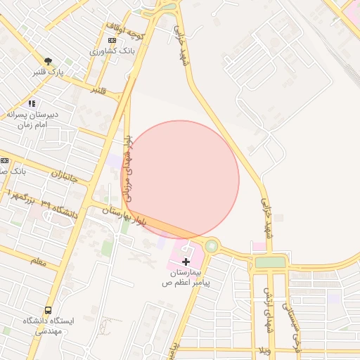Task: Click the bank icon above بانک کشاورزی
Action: tap(112, 41)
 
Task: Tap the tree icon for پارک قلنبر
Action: tap(48, 61)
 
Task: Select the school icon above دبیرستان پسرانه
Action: tap(32, 103)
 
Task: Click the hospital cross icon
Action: tap(186, 261)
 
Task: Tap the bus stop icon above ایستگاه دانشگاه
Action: tap(48, 309)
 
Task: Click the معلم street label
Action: tap(39, 262)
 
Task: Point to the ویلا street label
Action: tap(264, 350)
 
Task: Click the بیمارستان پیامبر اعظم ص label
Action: tap(186, 276)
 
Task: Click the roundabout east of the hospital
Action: tap(211, 245)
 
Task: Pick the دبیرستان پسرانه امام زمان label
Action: tap(32, 118)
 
